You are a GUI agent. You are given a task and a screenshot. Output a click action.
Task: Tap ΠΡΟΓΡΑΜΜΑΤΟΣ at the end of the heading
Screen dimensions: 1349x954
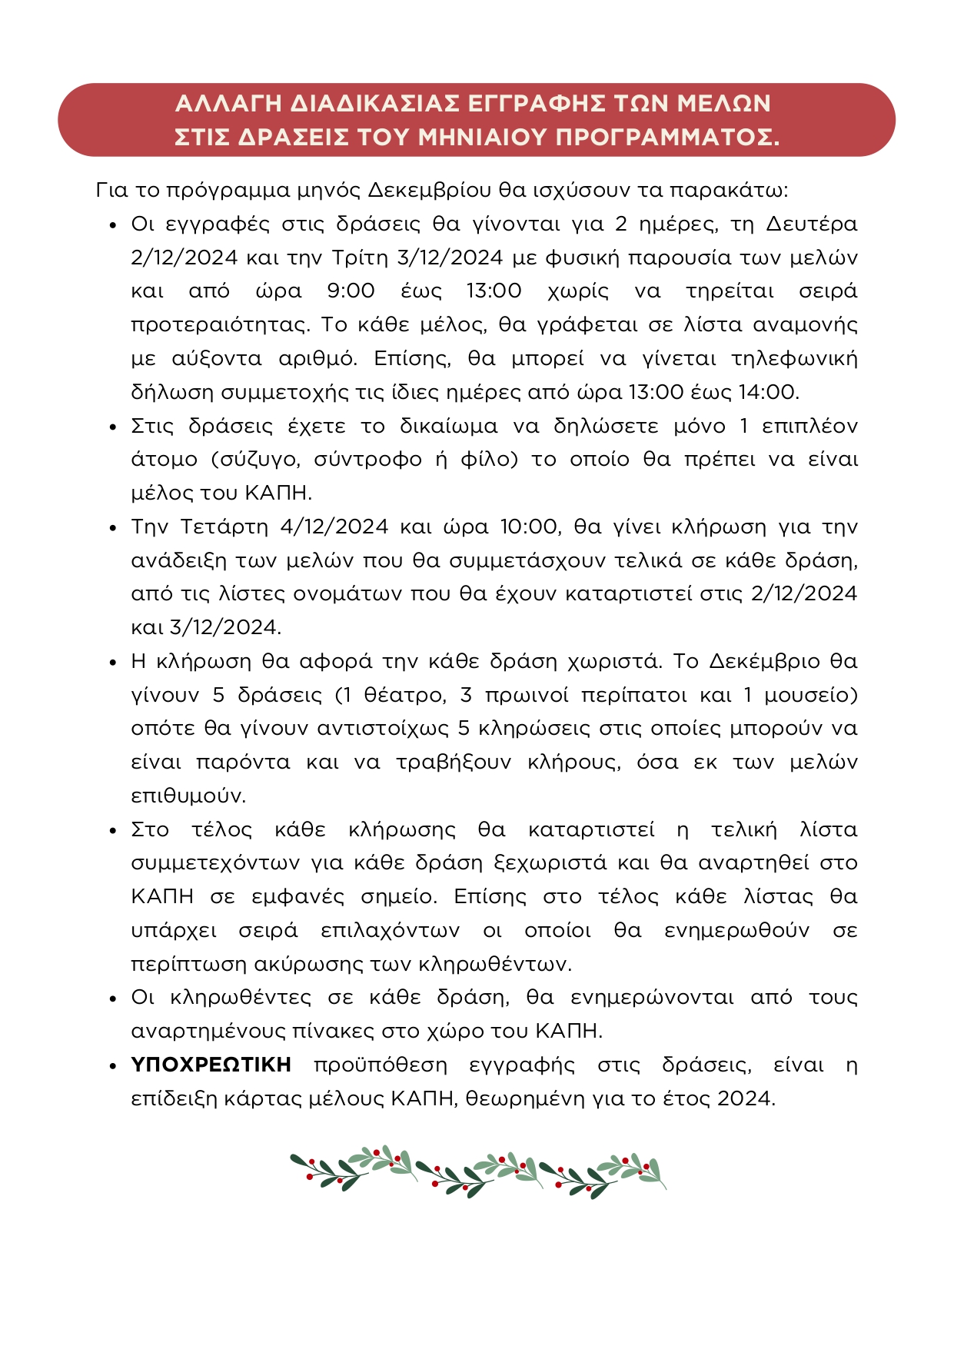click(667, 137)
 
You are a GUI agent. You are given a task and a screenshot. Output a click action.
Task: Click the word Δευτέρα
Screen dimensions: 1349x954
click(812, 224)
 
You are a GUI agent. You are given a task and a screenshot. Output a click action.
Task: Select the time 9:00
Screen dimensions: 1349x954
click(351, 291)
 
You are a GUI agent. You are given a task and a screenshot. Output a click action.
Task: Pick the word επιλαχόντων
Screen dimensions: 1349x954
click(391, 930)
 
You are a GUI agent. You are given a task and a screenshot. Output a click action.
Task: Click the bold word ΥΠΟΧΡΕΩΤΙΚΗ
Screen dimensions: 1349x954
click(211, 1065)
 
